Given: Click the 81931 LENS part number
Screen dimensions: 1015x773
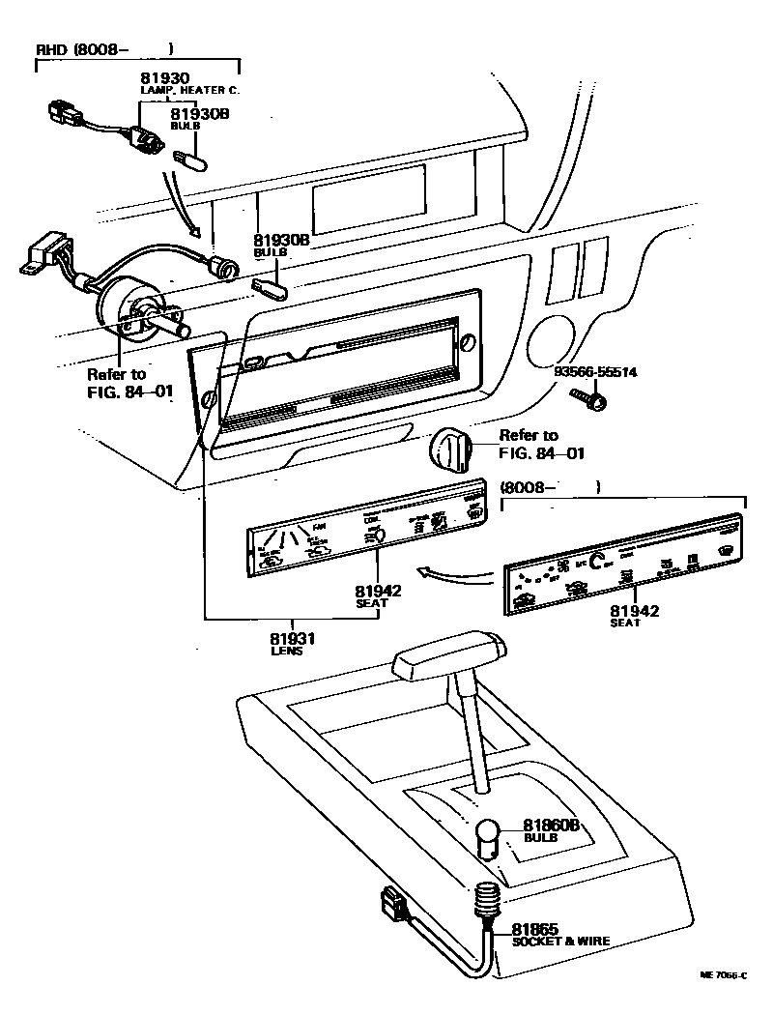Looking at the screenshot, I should pos(293,638).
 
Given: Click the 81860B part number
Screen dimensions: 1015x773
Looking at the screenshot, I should pos(551,826).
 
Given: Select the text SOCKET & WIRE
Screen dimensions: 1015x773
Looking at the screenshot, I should pos(560,941).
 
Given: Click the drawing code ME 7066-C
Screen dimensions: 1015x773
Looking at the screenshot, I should pos(724,976).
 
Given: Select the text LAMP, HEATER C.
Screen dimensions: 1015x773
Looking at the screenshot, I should pos(189,90).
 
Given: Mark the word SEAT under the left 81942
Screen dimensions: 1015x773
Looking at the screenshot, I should pos(372,602).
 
